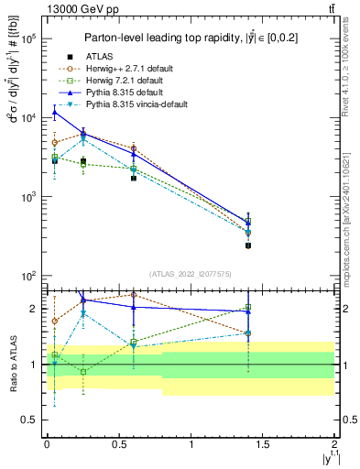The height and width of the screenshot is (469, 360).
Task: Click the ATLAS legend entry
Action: coord(99,57)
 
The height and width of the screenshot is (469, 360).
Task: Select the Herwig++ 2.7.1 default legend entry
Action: coord(128,69)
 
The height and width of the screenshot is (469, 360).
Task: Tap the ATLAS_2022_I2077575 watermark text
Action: coord(191,274)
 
